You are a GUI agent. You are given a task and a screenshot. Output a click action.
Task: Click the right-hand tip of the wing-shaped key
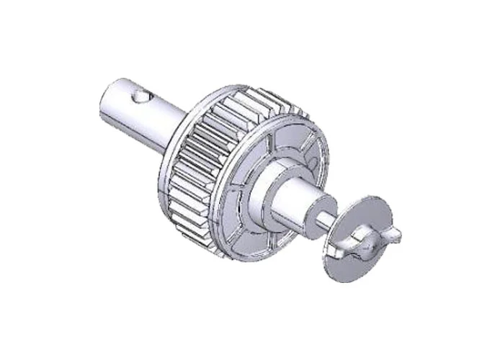coord(395,234)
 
